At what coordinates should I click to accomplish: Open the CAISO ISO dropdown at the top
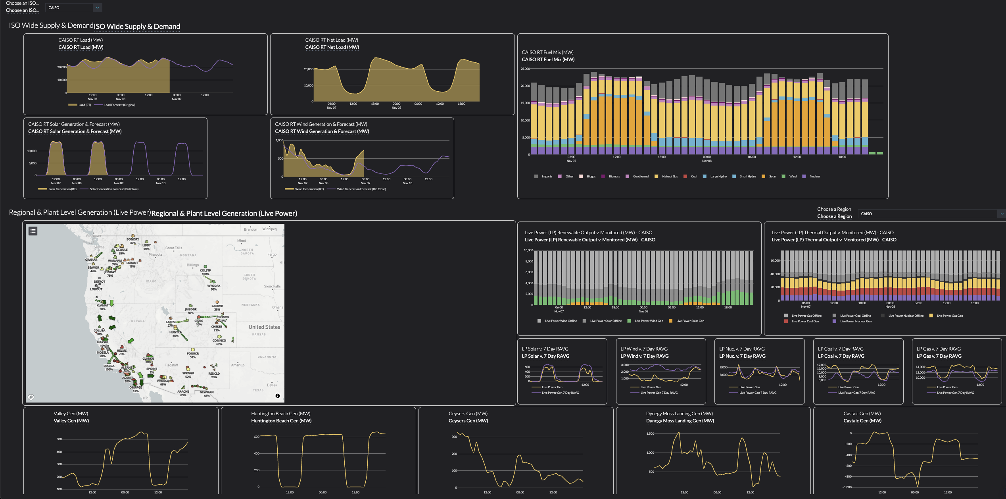(x=74, y=8)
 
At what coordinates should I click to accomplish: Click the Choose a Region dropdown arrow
(x=1001, y=214)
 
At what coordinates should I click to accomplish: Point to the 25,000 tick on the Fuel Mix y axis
(x=525, y=69)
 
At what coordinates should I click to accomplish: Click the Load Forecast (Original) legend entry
(x=119, y=105)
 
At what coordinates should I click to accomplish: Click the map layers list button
(x=33, y=231)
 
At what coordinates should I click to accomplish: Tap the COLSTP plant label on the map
(x=205, y=270)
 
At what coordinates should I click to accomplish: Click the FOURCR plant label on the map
(x=193, y=353)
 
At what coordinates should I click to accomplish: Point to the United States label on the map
(x=264, y=327)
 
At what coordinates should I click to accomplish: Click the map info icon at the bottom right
(x=278, y=396)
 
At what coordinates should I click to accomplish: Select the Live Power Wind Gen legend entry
(x=649, y=321)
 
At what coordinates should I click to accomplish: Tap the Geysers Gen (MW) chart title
(x=468, y=421)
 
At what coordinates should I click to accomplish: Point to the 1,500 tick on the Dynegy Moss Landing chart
(x=650, y=434)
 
